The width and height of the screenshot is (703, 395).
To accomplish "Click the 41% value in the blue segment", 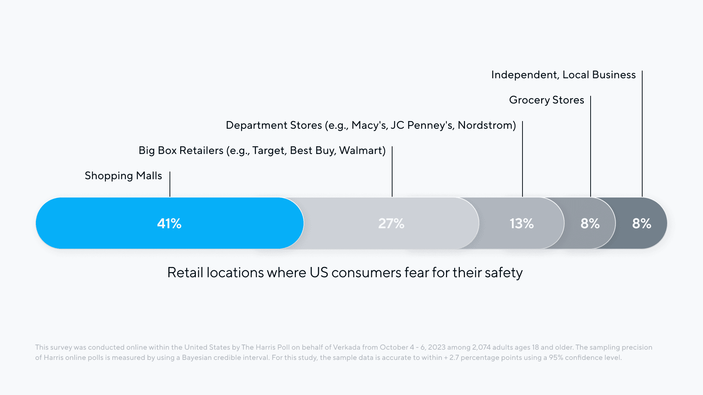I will point(169,223).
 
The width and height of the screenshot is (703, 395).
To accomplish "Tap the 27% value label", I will point(391,223).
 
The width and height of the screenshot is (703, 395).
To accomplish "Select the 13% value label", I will point(521,223).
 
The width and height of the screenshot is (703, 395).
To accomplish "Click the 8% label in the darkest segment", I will point(641,223).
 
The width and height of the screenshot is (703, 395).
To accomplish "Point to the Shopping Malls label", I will point(123,176).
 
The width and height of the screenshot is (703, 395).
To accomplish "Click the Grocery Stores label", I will point(546,100).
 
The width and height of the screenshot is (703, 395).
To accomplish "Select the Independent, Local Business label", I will point(563,75).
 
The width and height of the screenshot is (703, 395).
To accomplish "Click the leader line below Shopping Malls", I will point(170,184).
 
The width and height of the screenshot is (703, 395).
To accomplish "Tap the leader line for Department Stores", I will point(522,159).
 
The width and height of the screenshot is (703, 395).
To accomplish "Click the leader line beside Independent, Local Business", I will point(642,133).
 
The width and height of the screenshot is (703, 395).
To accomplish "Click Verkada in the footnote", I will point(346,347).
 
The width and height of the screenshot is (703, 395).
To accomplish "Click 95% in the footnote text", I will point(556,358).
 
